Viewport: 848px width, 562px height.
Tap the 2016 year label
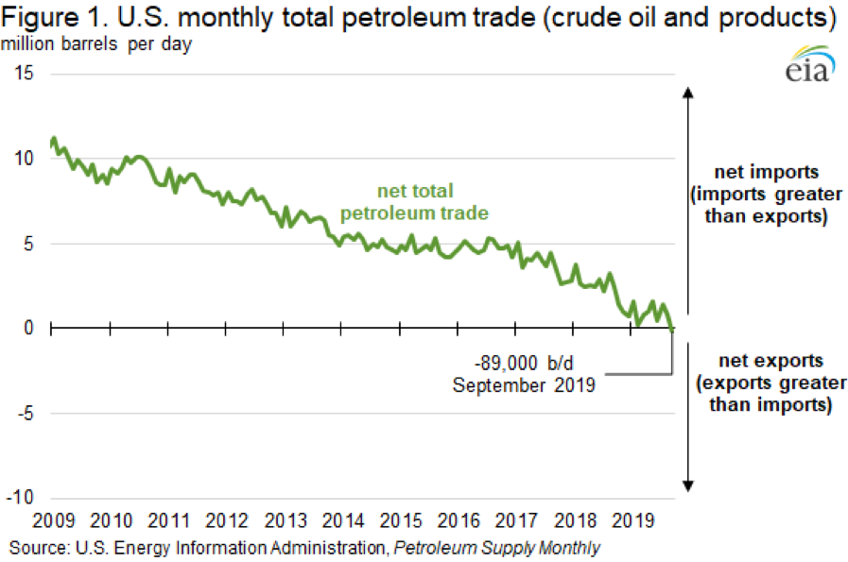pyautogui.click(x=458, y=520)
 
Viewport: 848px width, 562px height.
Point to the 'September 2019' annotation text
pyautogui.click(x=523, y=384)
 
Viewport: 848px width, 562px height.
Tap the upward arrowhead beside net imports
pyautogui.click(x=688, y=92)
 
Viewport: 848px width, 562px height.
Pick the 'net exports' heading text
pyautogui.click(x=770, y=361)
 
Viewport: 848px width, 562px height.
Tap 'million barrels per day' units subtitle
pyautogui.click(x=97, y=44)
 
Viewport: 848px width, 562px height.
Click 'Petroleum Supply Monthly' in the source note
pyautogui.click(x=496, y=547)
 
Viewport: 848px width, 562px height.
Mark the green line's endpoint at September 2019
pyautogui.click(x=672, y=330)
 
